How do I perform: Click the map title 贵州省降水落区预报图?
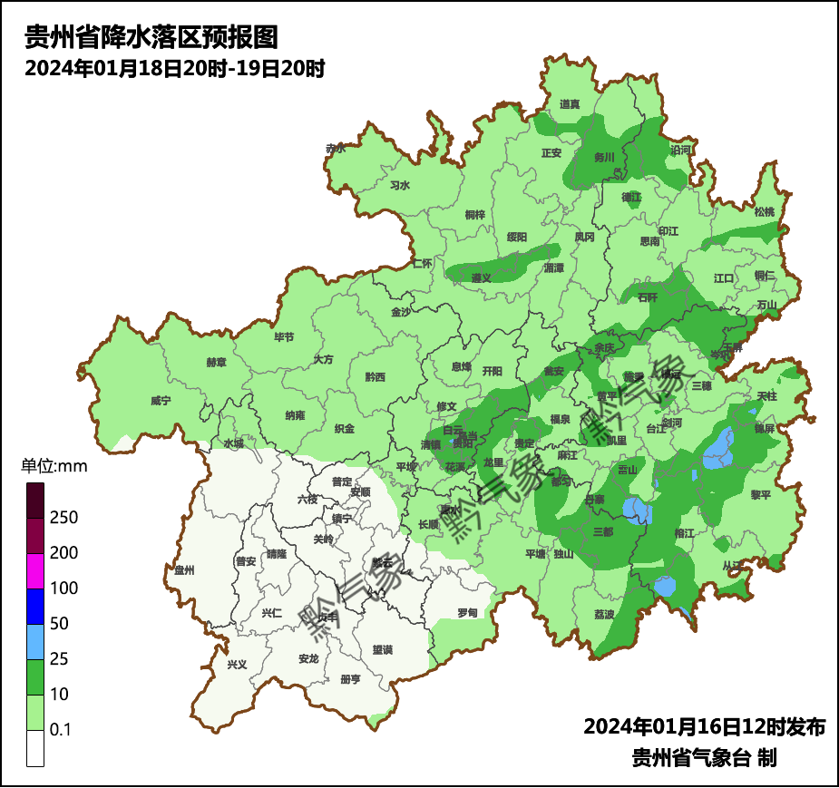click(x=150, y=37)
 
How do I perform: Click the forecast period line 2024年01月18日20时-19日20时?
click(x=174, y=68)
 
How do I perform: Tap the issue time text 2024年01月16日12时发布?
click(x=704, y=726)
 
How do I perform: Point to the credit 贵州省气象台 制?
click(x=704, y=758)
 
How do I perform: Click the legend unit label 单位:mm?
click(x=54, y=467)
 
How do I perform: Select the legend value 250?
click(x=64, y=518)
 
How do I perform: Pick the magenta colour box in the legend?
click(x=35, y=570)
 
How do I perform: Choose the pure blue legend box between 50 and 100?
click(x=35, y=606)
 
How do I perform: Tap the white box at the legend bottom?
click(x=35, y=748)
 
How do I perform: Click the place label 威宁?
click(x=160, y=400)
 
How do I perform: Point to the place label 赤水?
click(x=336, y=148)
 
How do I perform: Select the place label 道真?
click(x=570, y=104)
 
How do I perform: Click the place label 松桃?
click(x=764, y=211)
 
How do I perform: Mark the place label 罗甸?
click(x=467, y=613)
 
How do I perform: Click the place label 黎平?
click(x=759, y=494)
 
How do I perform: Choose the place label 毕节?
click(x=284, y=336)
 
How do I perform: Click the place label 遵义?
click(x=481, y=277)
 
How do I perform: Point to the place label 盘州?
click(x=184, y=570)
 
